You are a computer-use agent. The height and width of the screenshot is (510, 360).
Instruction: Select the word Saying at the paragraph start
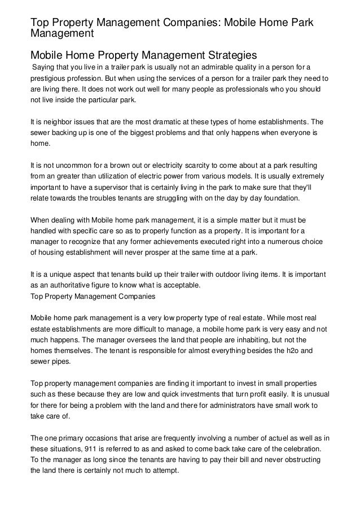[x=44, y=68]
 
